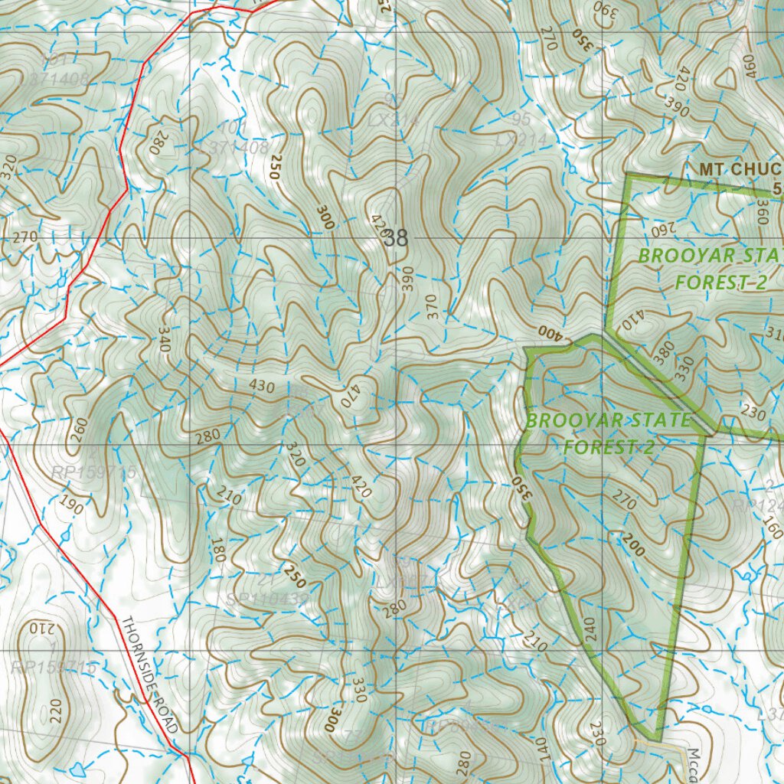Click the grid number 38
pos(397,239)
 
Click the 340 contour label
pos(164,339)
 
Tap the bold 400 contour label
pos(548,332)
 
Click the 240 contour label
pos(588,628)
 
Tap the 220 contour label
pos(54,711)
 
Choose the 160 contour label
pos(773,528)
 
